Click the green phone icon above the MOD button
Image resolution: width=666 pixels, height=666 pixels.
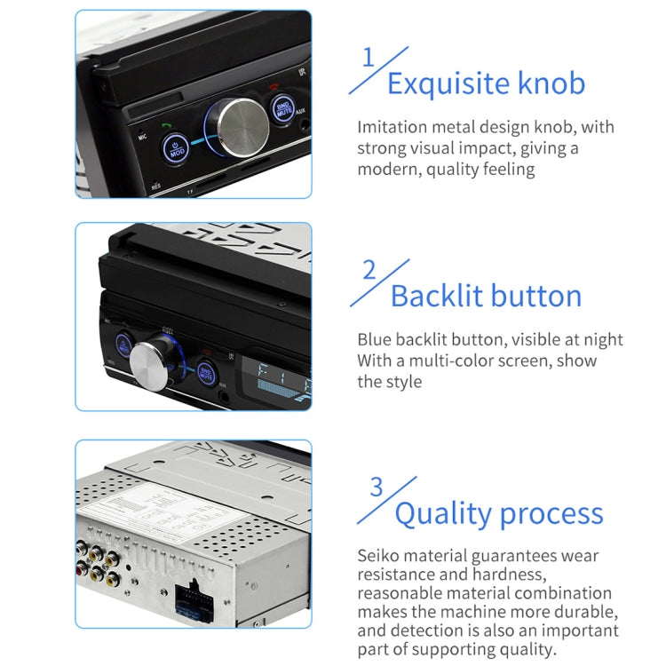tap(166, 126)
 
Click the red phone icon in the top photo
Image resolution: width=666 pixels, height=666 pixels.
tap(274, 88)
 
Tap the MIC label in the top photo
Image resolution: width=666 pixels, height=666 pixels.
tap(142, 139)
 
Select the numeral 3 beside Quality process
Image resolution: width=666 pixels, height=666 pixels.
tap(377, 488)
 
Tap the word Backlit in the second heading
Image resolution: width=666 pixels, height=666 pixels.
tap(439, 296)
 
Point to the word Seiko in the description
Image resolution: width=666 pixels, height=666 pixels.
tap(379, 556)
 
